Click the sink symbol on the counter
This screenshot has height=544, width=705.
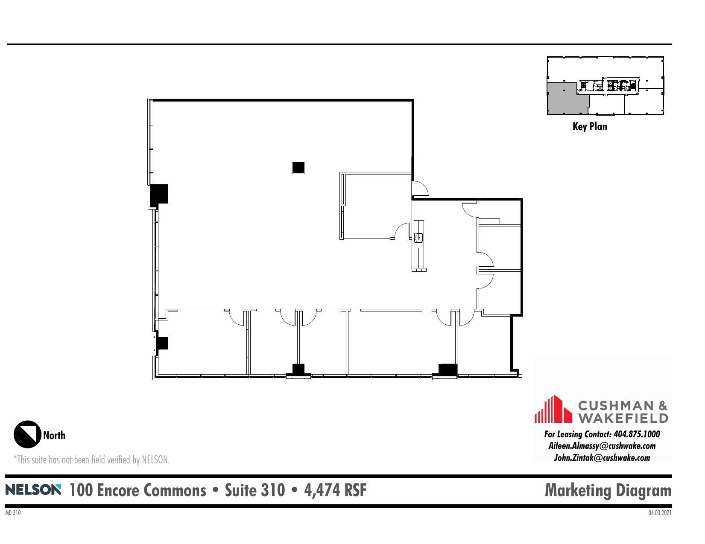418,237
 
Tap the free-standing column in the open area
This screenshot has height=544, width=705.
298,168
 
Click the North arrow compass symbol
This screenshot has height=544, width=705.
27,434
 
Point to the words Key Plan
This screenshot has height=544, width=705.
589,126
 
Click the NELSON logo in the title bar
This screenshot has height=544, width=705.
33,489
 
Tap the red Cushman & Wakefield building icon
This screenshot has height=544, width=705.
553,409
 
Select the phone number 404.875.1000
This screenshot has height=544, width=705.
636,434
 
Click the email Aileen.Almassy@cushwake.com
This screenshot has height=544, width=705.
602,446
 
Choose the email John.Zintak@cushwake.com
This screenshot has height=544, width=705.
602,458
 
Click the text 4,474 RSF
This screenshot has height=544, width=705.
335,490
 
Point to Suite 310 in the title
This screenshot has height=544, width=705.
255,490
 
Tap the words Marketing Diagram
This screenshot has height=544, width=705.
608,490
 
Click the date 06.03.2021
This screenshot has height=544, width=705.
660,513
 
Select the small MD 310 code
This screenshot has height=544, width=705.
13,513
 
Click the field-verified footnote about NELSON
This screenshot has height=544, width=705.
92,460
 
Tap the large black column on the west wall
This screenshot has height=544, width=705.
159,194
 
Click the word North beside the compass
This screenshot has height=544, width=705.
54,435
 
